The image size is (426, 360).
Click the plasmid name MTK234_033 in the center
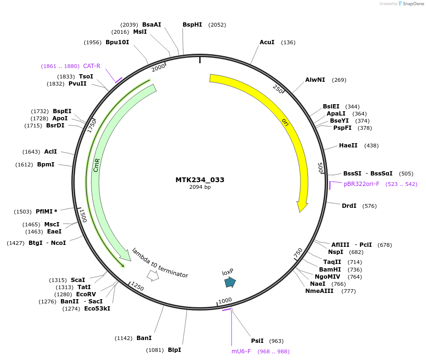coord(200,180)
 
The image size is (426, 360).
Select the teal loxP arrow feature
coord(230,282)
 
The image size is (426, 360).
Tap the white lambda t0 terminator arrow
coord(153,275)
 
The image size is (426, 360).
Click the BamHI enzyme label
coord(330,269)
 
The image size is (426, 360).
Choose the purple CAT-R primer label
coord(92,66)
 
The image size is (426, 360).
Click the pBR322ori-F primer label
coord(361,184)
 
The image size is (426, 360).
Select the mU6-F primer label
coord(241,351)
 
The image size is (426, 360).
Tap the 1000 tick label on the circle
coord(225,301)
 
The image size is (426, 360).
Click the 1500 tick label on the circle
coord(83,215)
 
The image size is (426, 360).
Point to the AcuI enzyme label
coord(267,42)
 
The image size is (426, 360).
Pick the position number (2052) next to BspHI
coord(217,25)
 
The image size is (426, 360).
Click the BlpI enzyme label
coord(174,350)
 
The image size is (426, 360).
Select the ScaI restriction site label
coord(78,280)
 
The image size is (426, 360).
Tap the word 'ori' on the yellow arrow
coord(285,122)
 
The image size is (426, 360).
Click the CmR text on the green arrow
coord(97,165)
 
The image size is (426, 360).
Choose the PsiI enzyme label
coord(257,341)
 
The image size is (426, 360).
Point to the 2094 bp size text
coord(200,187)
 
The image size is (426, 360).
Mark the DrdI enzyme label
coord(349,206)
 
